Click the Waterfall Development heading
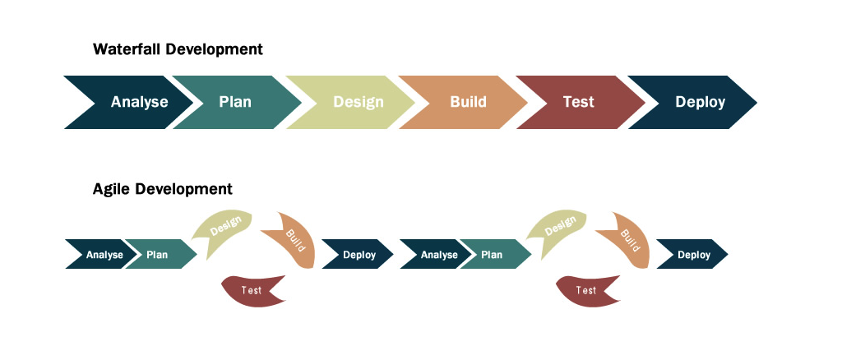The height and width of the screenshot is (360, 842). [178, 49]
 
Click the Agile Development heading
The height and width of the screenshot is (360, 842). [163, 189]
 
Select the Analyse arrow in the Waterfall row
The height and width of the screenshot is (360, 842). [136, 103]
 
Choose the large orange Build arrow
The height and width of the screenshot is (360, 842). [468, 103]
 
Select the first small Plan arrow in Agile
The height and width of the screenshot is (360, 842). [158, 255]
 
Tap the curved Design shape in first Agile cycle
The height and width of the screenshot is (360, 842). [224, 226]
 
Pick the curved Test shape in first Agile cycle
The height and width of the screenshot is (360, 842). [252, 290]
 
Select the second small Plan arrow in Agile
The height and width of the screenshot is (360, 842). [493, 255]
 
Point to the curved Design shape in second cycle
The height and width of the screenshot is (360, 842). [558, 226]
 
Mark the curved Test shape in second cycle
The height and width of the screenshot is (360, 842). [586, 290]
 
